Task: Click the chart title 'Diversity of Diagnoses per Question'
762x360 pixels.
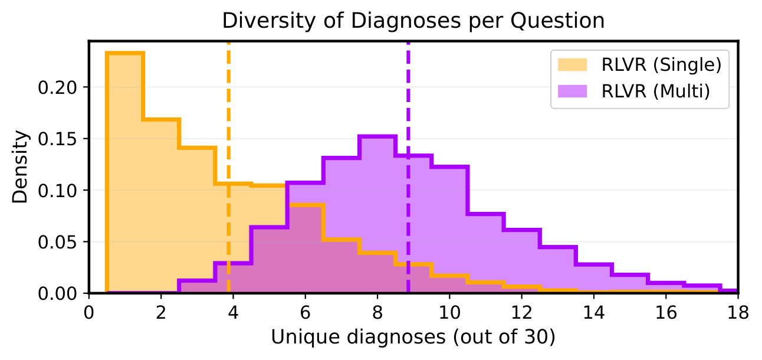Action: [x=413, y=21]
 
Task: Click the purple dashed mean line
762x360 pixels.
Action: [x=408, y=118]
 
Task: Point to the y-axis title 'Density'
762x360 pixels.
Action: [x=21, y=168]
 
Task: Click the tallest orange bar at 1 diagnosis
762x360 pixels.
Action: [x=125, y=177]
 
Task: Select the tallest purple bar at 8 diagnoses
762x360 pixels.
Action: [x=377, y=218]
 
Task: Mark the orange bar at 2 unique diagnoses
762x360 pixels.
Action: [x=161, y=207]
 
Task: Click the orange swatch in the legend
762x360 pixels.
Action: [x=571, y=65]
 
